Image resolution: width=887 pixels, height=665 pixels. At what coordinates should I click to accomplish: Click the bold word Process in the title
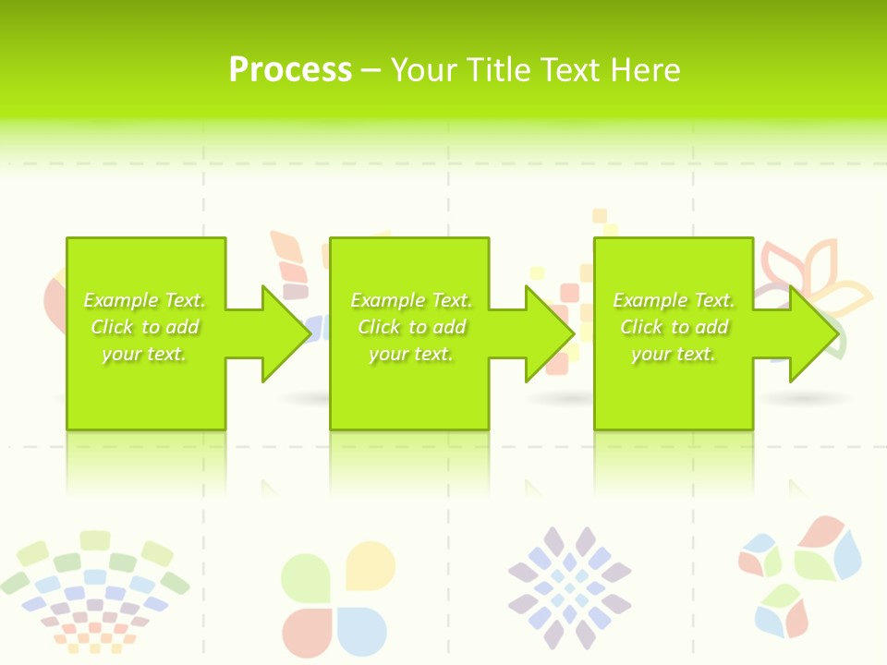290,70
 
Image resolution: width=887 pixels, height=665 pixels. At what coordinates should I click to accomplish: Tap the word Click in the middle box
377,327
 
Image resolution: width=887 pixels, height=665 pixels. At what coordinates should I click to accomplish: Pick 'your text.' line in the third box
673,354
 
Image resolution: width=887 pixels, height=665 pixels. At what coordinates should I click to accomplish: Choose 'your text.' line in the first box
144,354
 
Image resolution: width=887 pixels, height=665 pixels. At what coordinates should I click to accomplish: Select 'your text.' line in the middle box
410,354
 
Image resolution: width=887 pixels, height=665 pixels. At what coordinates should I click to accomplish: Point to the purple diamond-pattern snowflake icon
569,587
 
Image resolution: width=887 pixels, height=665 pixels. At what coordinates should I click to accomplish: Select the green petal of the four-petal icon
305,577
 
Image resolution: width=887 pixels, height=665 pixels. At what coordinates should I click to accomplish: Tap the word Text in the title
567,70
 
